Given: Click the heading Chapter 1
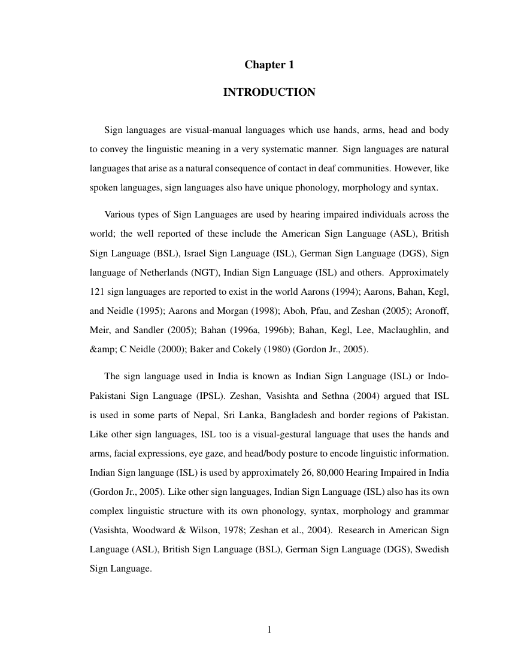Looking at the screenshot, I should pos(269,65).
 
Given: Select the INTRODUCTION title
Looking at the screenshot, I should pos(269,92).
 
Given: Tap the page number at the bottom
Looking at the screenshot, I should pos(269,629).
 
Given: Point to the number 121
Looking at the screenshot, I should pos(97,292).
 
